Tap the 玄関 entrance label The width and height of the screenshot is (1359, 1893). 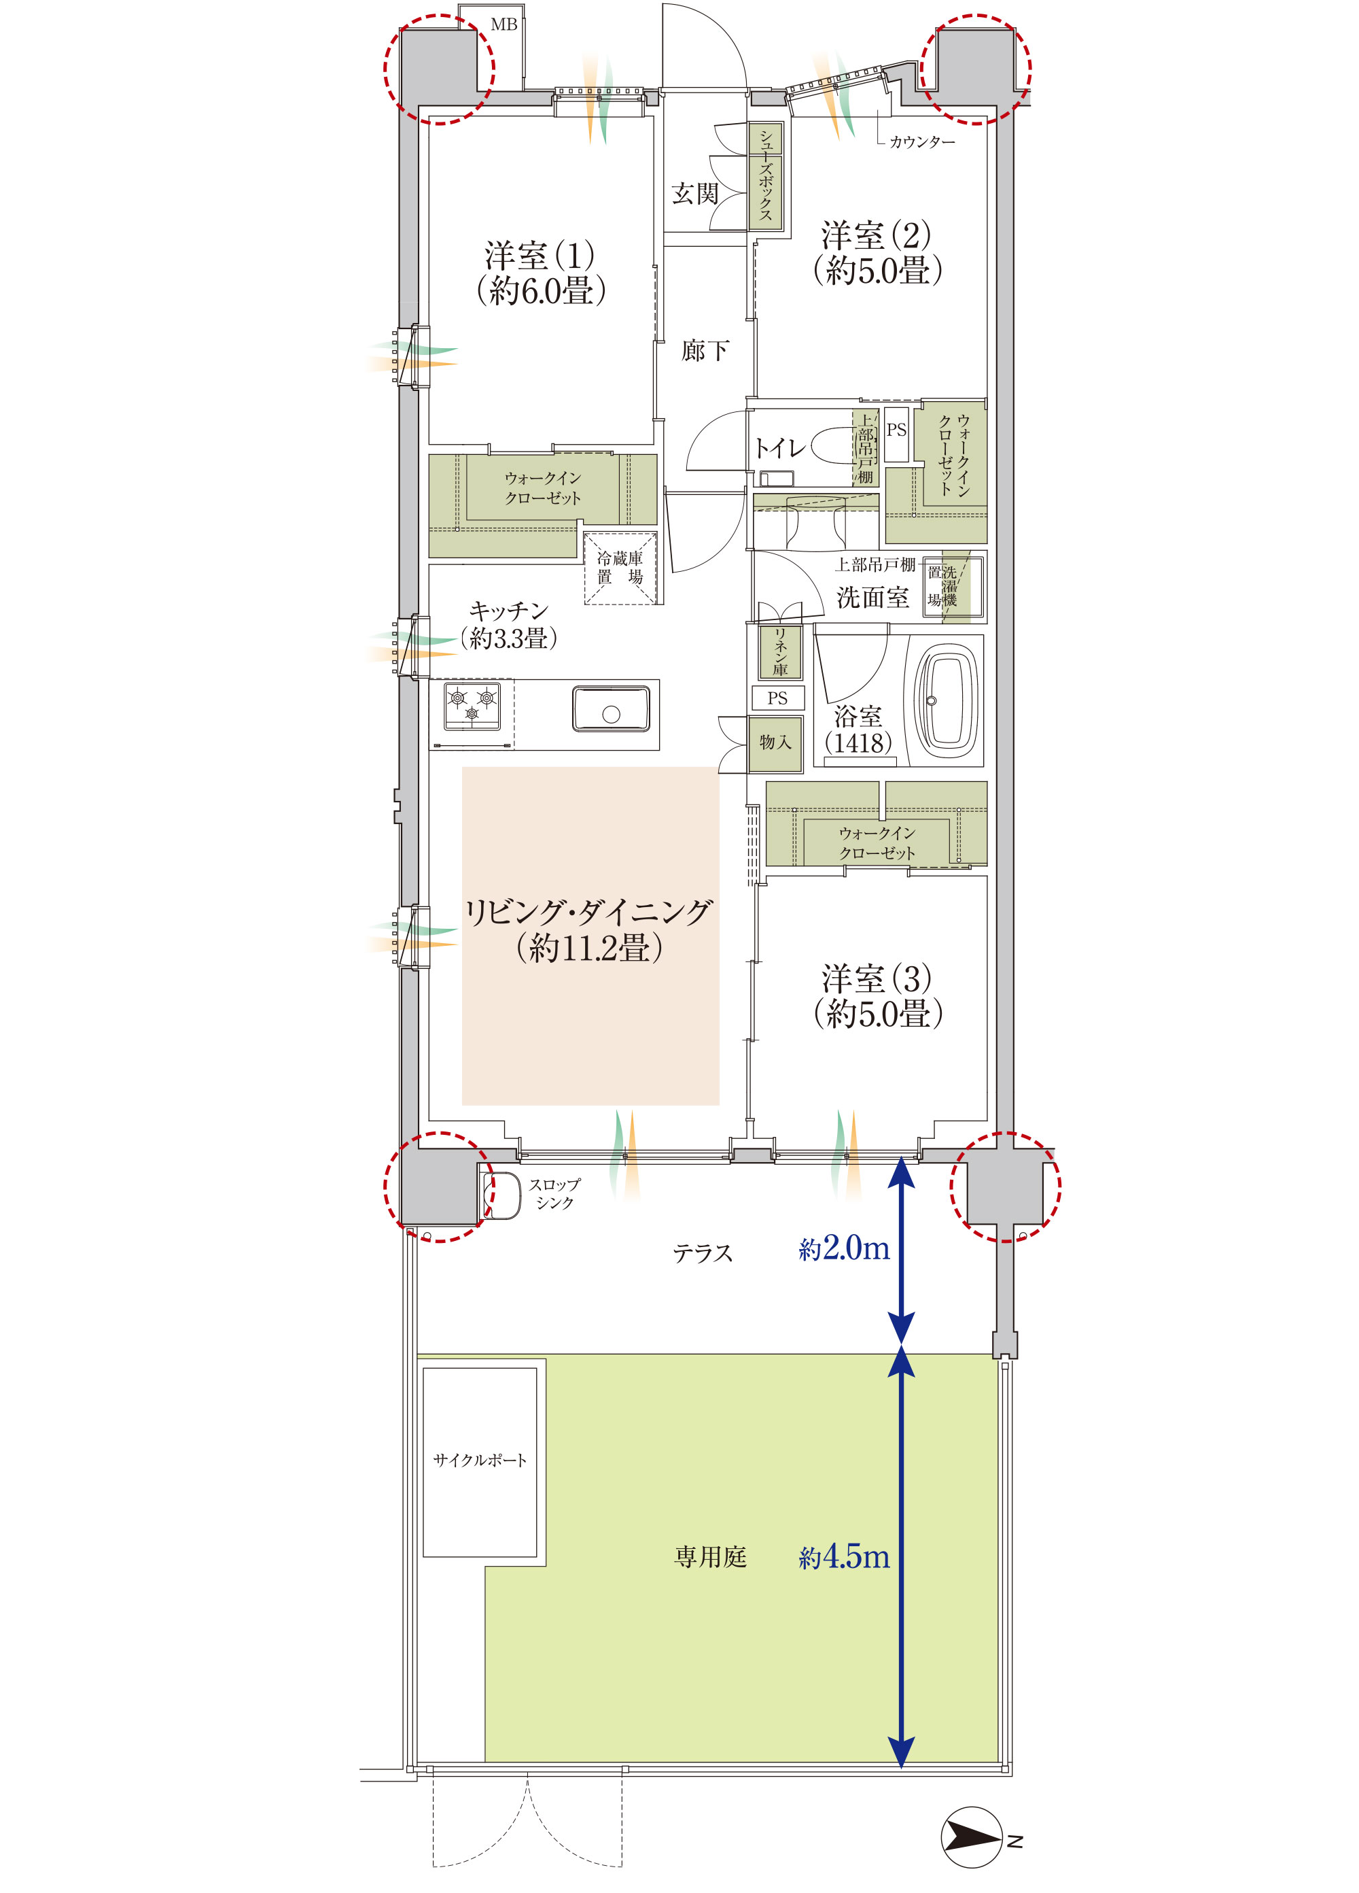[x=695, y=194]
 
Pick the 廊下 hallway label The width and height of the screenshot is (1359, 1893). [x=705, y=351]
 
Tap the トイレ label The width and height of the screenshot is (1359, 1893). [x=780, y=448]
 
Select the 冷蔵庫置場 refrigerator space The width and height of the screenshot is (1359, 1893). [x=620, y=568]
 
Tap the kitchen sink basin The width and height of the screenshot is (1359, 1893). [x=612, y=709]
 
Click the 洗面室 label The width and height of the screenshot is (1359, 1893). [x=872, y=597]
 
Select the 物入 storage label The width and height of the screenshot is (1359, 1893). [x=775, y=741]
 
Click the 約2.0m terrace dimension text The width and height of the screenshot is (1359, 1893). [x=844, y=1248]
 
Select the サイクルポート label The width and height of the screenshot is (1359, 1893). [x=480, y=1460]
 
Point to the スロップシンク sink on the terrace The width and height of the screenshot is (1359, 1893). [x=501, y=1195]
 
